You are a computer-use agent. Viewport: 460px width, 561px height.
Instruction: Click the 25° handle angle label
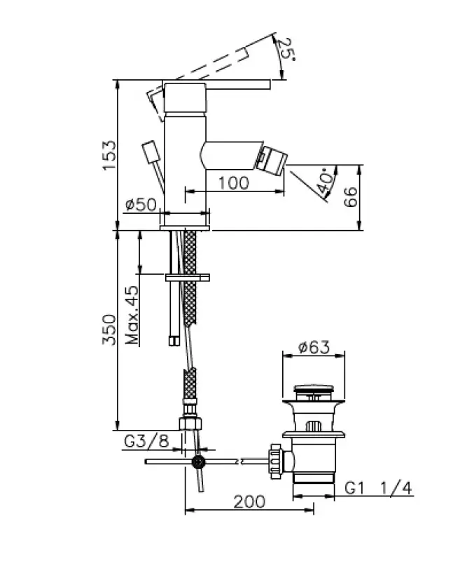click(x=286, y=51)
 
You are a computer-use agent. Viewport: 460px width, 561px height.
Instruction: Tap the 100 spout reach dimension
click(x=234, y=182)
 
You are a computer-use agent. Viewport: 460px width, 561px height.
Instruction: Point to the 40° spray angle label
click(x=325, y=184)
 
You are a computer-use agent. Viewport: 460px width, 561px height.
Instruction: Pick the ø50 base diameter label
click(x=140, y=205)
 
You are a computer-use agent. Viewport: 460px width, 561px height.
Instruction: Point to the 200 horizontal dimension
click(x=249, y=501)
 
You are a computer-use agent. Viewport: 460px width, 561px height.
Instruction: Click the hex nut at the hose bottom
click(x=190, y=424)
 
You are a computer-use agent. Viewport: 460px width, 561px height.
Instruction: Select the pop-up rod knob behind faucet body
click(x=150, y=152)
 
